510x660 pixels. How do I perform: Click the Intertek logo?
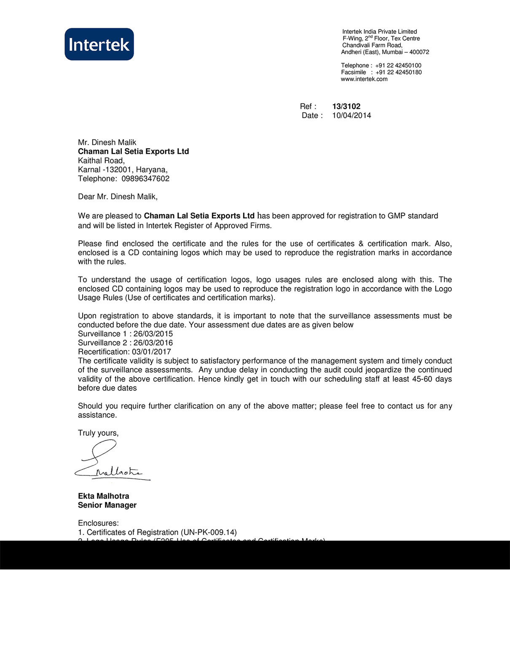[99, 44]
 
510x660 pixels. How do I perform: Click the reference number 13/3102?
[346, 107]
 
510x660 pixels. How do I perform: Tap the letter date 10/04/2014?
[352, 115]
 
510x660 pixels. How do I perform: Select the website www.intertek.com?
[364, 79]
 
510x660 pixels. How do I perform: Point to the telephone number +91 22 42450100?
[398, 65]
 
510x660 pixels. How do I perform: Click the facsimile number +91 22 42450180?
[398, 72]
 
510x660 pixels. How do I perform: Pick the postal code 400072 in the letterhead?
[419, 52]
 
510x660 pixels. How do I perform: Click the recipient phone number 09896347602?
[145, 179]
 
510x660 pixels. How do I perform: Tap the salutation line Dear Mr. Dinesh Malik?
[118, 197]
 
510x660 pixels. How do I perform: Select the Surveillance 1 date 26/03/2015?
[153, 334]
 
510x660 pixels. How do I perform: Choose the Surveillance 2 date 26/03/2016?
[153, 343]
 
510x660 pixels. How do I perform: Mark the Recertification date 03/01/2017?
[151, 352]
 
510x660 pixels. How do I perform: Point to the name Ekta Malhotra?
[103, 496]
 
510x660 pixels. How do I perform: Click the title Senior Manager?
[107, 505]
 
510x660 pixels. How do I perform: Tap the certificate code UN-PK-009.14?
[209, 532]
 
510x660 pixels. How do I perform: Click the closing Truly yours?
[98, 433]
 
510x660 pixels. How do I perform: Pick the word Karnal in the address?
[89, 170]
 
